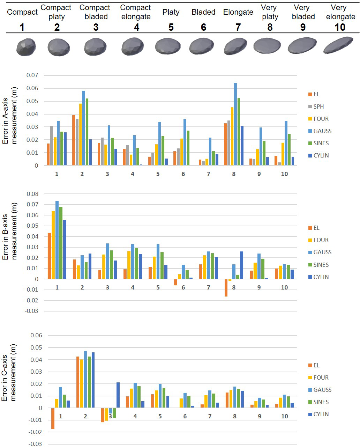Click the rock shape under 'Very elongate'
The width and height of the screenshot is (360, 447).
[338, 45]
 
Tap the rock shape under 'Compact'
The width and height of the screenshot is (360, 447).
[26, 47]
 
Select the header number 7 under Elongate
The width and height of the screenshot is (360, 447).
[238, 27]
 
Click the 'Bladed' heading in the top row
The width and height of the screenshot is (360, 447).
[203, 12]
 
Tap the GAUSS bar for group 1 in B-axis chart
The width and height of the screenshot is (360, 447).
[57, 240]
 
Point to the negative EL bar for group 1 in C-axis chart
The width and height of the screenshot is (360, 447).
[53, 418]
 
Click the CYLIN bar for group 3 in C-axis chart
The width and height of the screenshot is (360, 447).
[118, 395]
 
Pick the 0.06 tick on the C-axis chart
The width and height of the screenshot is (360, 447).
[36, 336]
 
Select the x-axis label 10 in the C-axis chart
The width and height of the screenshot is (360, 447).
[285, 416]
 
